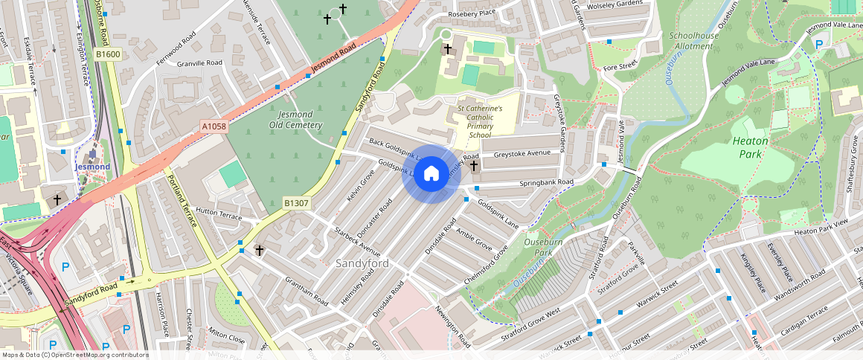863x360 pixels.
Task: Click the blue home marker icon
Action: (431, 173)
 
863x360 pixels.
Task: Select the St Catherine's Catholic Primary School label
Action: (480, 121)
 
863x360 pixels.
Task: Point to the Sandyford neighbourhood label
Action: (362, 263)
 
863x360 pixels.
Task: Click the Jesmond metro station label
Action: (92, 167)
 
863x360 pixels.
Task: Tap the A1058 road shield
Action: (214, 127)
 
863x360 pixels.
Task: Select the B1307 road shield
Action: (296, 202)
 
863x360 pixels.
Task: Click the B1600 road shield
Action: (108, 54)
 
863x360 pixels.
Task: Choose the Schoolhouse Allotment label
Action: (694, 40)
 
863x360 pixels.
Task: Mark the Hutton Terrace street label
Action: (219, 216)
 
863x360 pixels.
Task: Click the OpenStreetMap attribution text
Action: (74, 355)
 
